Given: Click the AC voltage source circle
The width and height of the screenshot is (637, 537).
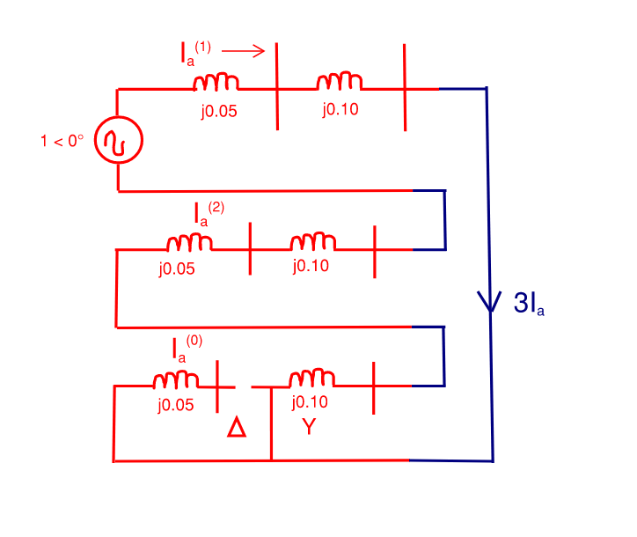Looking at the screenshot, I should point(118,140).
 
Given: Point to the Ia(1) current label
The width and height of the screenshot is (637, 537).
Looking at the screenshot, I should point(190,53).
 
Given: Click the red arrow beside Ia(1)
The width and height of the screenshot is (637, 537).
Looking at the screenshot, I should point(244,50).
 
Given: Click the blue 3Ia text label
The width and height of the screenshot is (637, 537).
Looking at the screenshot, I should point(529,304).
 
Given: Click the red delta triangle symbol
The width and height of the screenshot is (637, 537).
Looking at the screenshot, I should point(237,428).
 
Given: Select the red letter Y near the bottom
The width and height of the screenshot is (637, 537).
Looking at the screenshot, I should point(309,428).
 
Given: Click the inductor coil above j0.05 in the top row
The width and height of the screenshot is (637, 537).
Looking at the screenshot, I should point(216,83).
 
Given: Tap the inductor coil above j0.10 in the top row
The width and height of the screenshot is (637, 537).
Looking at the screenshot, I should point(340,82).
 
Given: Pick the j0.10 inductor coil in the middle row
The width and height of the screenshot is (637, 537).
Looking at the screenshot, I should point(312,241).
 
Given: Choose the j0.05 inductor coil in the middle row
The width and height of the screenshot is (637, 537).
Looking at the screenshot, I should point(189,241).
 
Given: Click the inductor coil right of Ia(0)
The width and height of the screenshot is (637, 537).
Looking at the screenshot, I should point(176,380).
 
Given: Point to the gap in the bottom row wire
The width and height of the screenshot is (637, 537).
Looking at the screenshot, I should point(244,386).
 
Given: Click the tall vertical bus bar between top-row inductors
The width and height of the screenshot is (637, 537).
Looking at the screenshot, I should point(278,86).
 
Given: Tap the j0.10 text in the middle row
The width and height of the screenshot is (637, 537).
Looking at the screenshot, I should point(311,265).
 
